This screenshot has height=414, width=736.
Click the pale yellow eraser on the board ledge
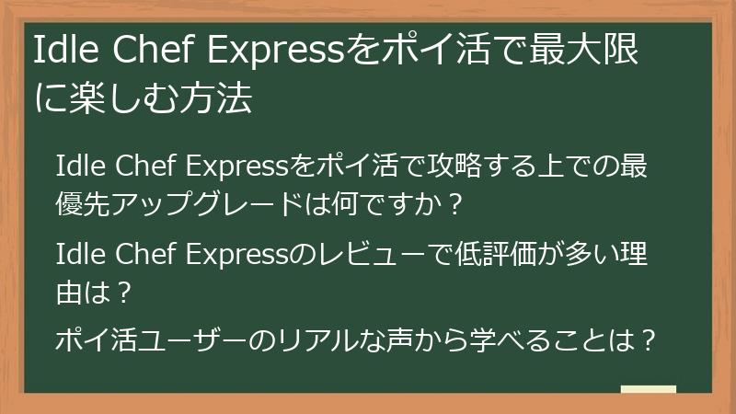click(649, 389)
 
